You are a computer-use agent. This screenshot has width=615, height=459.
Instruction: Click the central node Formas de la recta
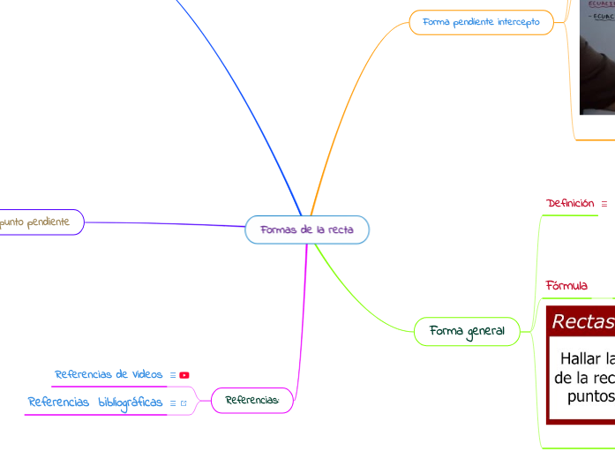point(307,229)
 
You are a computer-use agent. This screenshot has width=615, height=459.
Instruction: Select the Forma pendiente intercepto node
point(481,21)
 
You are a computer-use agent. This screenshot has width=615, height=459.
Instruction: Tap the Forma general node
point(467,331)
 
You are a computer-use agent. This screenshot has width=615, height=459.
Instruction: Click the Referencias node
point(251,400)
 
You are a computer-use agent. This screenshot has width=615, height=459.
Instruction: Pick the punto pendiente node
point(35,222)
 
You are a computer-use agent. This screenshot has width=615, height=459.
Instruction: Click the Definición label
point(570,204)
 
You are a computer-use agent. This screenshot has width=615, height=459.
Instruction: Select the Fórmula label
point(566,285)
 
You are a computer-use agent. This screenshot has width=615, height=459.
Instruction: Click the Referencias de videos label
point(109,374)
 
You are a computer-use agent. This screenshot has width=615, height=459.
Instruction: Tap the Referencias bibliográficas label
point(95,403)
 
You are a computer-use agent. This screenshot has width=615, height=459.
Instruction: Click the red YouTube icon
point(184,375)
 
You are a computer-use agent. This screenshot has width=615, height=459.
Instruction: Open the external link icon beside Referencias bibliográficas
point(184,403)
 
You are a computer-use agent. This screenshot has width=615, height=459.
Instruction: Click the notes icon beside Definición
point(604,204)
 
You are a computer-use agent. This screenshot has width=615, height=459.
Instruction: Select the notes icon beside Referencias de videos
point(172,375)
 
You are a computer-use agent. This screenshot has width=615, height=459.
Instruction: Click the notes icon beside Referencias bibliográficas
point(172,403)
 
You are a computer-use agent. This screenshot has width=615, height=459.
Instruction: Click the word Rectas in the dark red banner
point(582,322)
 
